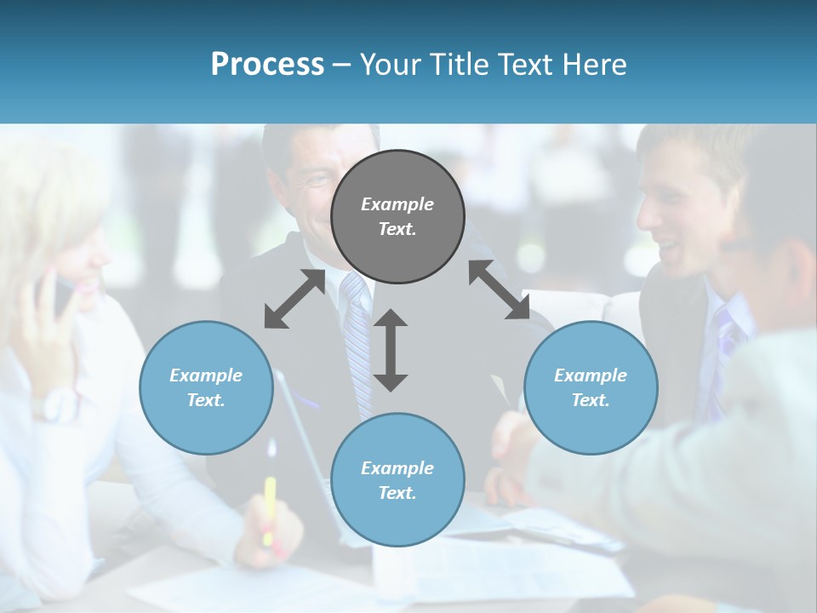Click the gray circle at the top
tap(397, 216)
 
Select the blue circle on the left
tap(206, 387)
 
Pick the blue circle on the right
tap(591, 387)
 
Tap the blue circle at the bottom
tap(397, 480)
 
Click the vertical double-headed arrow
tap(391, 350)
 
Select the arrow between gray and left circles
tap(294, 299)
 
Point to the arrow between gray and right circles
tap(499, 289)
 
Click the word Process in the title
tap(267, 64)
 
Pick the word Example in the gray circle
tap(397, 204)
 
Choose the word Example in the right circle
tap(591, 375)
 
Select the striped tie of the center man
tap(357, 332)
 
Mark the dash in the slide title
tap(341, 65)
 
